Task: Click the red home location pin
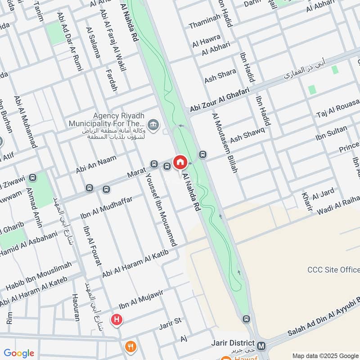[180, 162]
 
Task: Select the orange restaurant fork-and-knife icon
[130, 346]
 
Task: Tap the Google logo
[19, 353]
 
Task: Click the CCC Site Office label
[333, 270]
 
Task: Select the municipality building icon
[153, 125]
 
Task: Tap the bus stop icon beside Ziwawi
[32, 178]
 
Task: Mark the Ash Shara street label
[220, 76]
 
